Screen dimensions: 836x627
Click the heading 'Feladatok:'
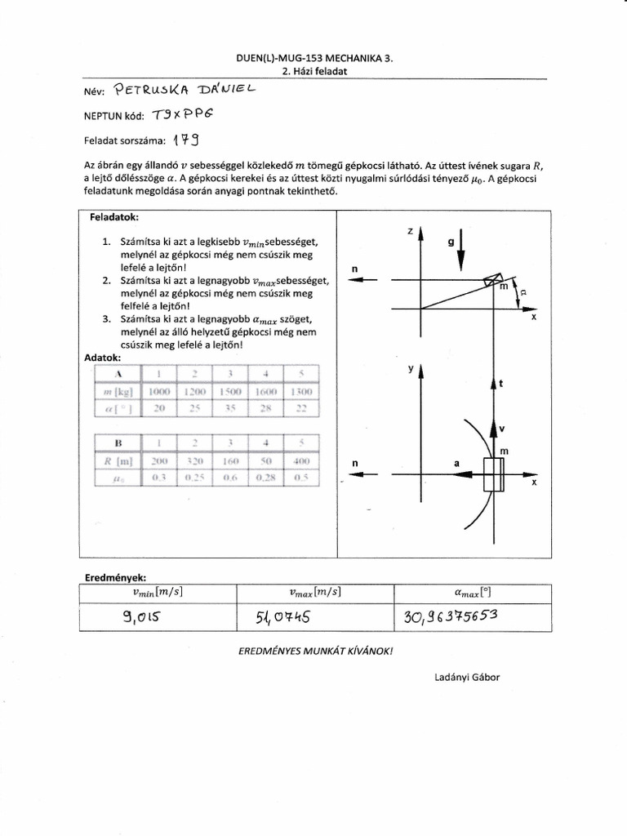pyautogui.click(x=114, y=218)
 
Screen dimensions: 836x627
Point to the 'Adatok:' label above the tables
pyautogui.click(x=103, y=358)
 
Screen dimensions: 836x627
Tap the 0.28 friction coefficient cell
pyautogui.click(x=265, y=478)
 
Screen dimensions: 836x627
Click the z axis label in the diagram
pyautogui.click(x=410, y=232)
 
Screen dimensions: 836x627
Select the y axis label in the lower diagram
pyautogui.click(x=410, y=369)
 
